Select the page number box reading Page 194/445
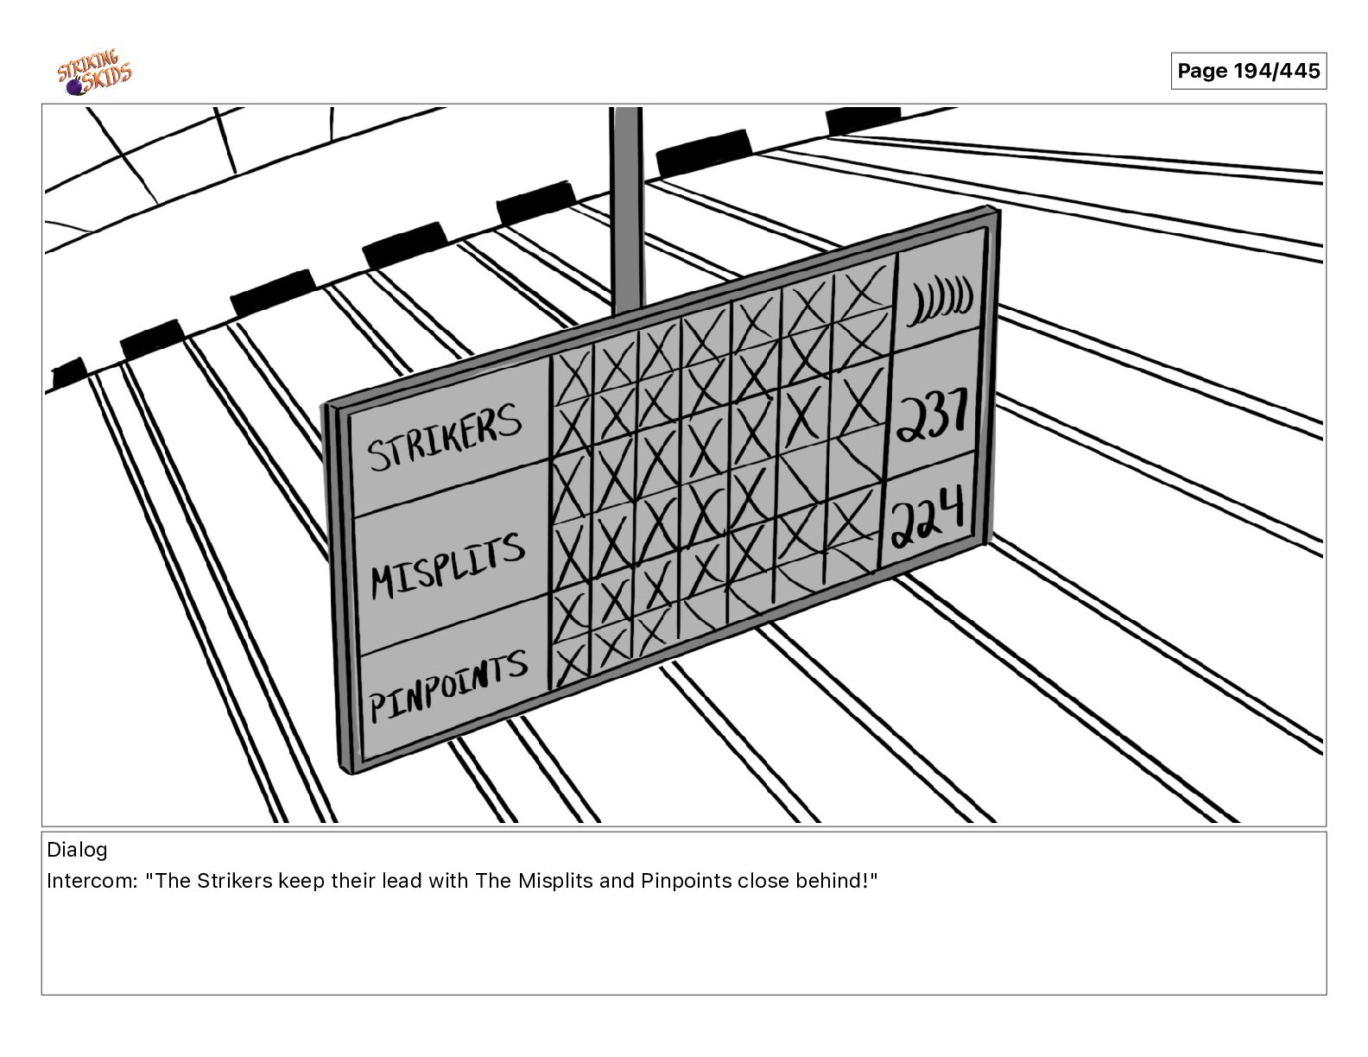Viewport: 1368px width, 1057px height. point(1249,71)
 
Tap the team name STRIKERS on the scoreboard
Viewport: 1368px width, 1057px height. point(445,436)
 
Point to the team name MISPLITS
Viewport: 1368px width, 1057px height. point(447,566)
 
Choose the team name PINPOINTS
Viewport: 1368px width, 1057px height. point(448,685)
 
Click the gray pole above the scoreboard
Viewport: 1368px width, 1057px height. point(627,208)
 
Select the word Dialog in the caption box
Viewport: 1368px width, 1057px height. point(77,850)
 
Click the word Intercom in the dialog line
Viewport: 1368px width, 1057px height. point(92,881)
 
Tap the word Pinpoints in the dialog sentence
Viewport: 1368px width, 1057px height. point(687,882)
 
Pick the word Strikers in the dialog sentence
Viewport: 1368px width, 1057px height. point(235,881)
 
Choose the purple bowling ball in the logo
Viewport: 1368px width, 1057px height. point(75,87)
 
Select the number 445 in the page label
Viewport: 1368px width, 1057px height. point(1300,71)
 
